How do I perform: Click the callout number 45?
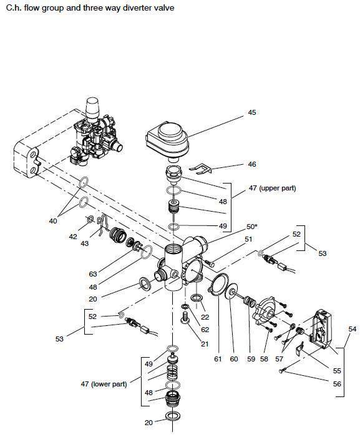(251, 112)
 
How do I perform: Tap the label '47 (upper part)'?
(272, 188)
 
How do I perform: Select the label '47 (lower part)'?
(104, 384)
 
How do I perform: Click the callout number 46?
(252, 164)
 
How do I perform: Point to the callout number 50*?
(251, 227)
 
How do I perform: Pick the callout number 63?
(93, 274)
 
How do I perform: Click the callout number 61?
(218, 359)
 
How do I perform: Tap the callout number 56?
(337, 384)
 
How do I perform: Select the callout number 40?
(52, 221)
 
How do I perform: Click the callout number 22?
(205, 317)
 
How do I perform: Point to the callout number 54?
(352, 329)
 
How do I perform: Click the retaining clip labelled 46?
(201, 169)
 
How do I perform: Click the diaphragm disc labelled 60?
(232, 291)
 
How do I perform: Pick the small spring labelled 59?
(249, 302)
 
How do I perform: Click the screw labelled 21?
(185, 317)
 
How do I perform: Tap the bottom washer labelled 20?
(173, 416)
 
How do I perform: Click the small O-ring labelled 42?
(90, 220)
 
